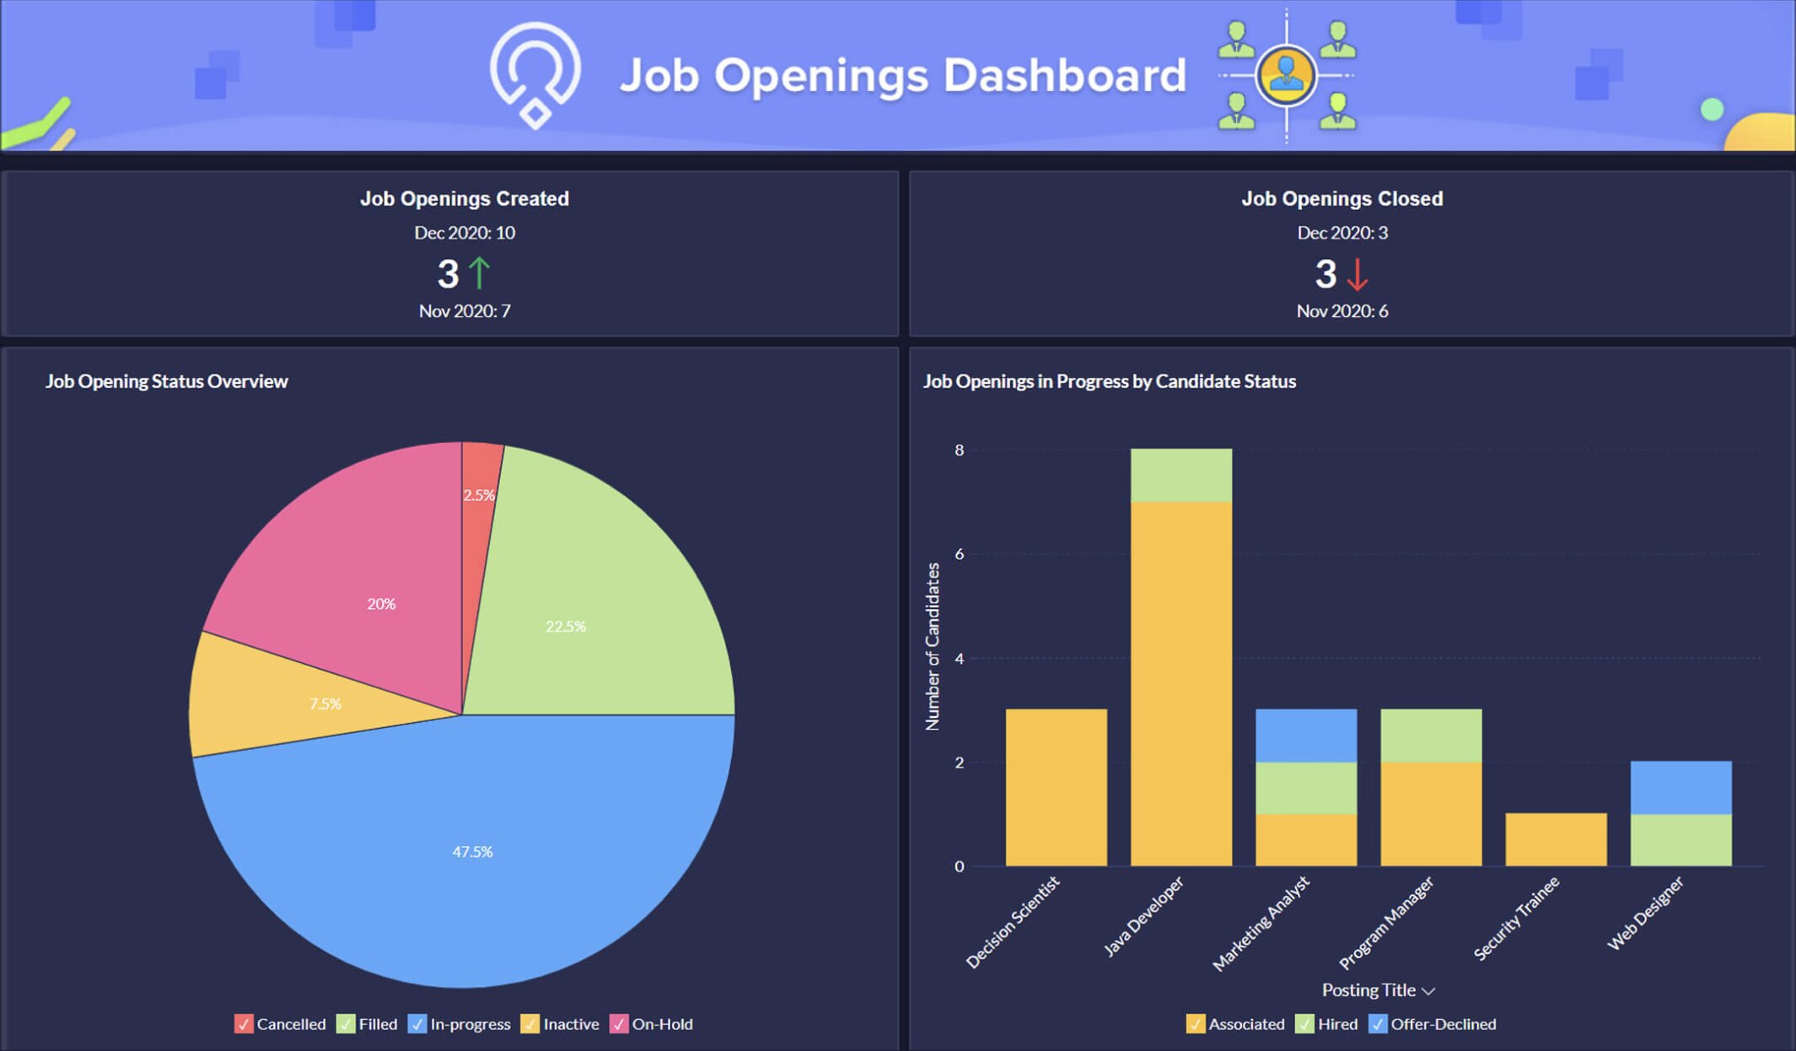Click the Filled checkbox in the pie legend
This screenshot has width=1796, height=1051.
346,1024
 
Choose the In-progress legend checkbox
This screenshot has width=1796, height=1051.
417,1024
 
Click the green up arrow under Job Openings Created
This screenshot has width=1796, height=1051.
480,273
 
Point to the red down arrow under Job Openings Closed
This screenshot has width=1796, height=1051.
1357,274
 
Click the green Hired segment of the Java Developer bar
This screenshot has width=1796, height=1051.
1180,475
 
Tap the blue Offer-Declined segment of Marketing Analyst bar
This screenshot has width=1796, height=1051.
1305,735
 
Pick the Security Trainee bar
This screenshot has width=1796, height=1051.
1556,839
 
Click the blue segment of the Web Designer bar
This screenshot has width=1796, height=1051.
1680,787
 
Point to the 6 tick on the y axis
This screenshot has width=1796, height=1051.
959,554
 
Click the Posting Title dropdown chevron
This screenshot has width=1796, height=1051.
1428,991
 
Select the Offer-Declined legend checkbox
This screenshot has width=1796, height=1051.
1378,1024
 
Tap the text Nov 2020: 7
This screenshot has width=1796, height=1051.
465,311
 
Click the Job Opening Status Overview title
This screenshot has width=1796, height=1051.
167,381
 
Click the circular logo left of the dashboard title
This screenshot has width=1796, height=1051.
535,74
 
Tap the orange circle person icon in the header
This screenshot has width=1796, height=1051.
1286,74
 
